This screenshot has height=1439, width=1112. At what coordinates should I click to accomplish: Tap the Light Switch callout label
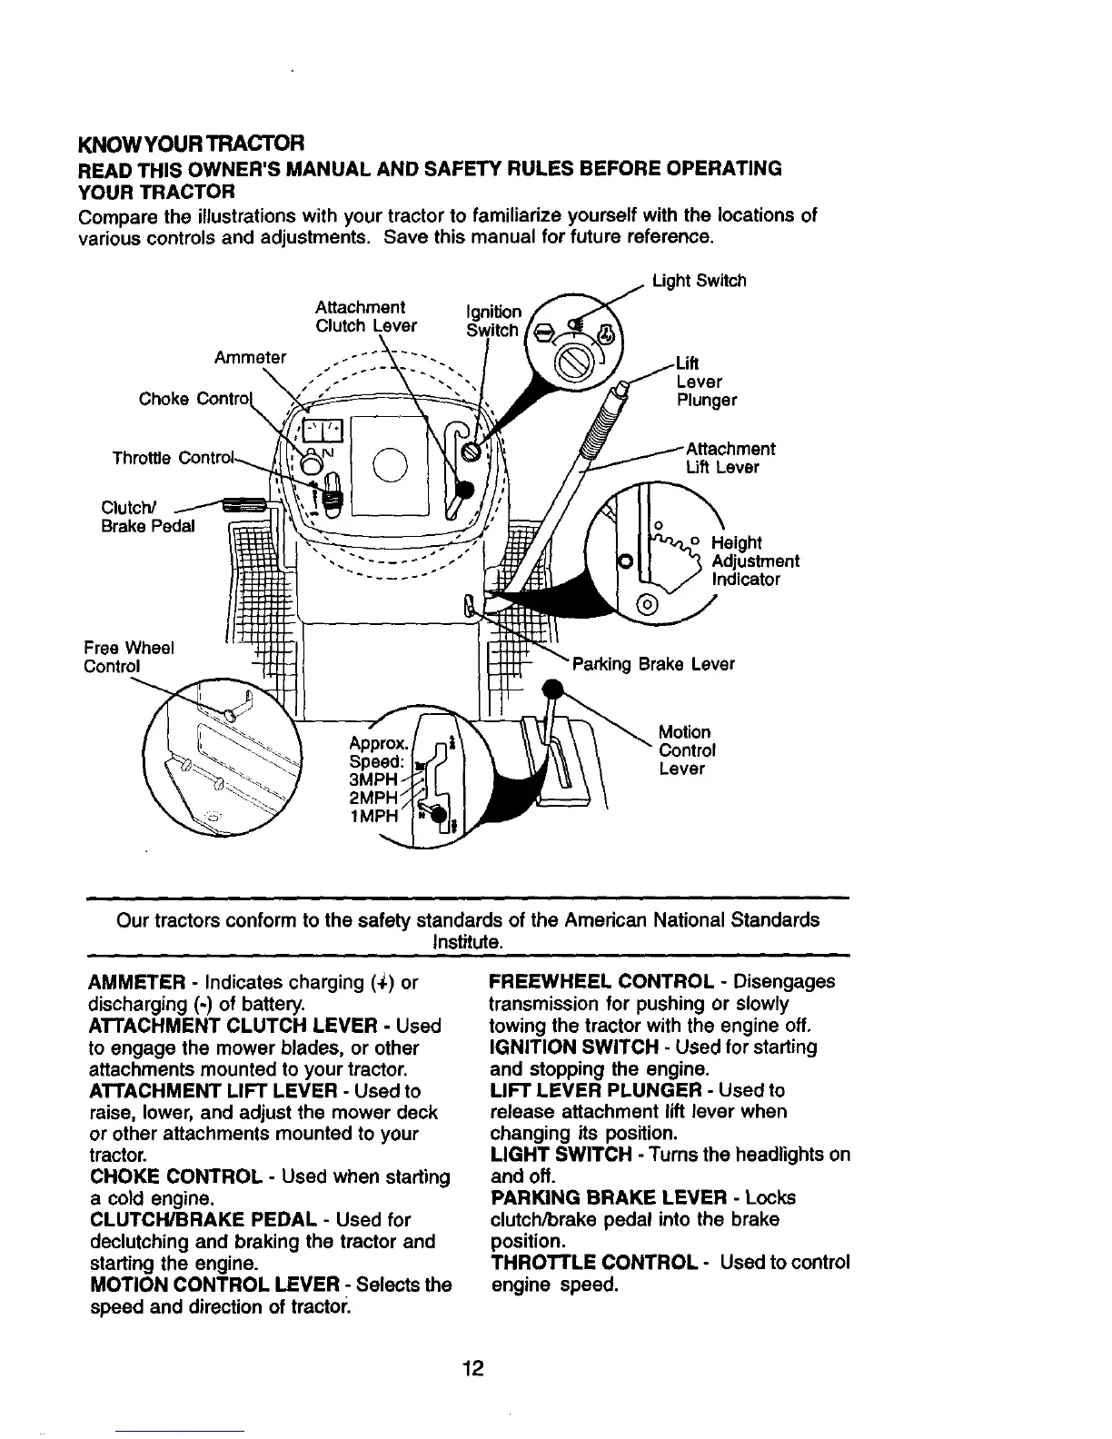pos(699,281)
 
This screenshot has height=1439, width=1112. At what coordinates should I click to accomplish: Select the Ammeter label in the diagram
pos(250,357)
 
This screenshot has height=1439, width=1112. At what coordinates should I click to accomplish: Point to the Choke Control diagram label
pos(193,399)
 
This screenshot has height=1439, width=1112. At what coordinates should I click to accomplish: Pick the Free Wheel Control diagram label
pos(128,657)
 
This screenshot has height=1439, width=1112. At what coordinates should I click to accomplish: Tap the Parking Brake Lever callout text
pos(652,664)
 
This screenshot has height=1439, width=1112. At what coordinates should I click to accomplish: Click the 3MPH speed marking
pos(374,780)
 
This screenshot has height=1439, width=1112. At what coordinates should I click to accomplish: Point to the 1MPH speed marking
pos(374,816)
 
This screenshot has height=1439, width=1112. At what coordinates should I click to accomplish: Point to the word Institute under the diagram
pos(469,943)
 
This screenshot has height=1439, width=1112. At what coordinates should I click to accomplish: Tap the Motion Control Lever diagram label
pos(687,750)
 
